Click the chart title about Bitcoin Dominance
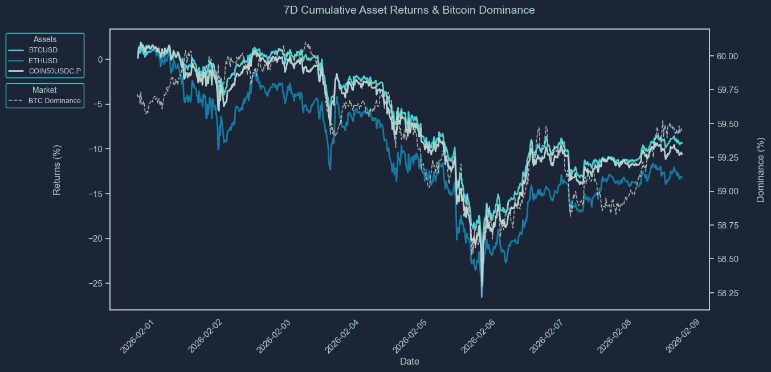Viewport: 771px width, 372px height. click(x=409, y=10)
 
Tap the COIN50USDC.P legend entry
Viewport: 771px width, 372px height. click(x=55, y=71)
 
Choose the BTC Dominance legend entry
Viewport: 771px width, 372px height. click(x=54, y=101)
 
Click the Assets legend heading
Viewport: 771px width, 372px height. click(x=45, y=39)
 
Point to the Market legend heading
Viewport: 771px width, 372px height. click(x=44, y=90)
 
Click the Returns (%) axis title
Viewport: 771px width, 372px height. click(x=57, y=170)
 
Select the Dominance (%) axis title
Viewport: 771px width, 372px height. click(x=760, y=170)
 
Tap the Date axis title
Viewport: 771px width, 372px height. click(x=410, y=361)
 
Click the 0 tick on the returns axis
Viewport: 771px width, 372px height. click(x=100, y=59)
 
